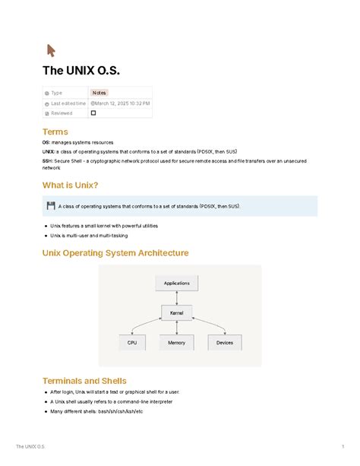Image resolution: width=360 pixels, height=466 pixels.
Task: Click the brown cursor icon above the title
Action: [x=51, y=51]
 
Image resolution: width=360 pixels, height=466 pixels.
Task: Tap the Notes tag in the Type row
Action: [x=99, y=93]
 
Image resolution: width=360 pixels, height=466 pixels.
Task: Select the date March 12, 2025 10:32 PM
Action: [x=122, y=103]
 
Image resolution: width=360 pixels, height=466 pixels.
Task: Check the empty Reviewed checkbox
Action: [x=93, y=113]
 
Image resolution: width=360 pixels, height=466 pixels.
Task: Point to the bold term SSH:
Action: [x=48, y=161]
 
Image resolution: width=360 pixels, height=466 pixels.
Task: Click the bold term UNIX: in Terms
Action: [x=49, y=152]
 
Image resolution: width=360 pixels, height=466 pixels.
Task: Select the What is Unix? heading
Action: [x=70, y=185]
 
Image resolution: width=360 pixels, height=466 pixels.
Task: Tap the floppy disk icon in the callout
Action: [x=50, y=205]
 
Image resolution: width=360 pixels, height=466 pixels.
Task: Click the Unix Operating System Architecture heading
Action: [x=115, y=252]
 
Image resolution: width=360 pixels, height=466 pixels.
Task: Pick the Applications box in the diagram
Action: [x=176, y=283]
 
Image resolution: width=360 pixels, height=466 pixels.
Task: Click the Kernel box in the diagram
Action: [x=176, y=312]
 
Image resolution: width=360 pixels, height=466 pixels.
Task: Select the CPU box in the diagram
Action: [x=133, y=343]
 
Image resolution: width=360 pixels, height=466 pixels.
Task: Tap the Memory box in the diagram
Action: [x=176, y=343]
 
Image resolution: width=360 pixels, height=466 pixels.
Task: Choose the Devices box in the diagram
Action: [x=225, y=343]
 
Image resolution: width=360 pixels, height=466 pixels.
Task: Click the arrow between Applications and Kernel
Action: [x=176, y=297]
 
